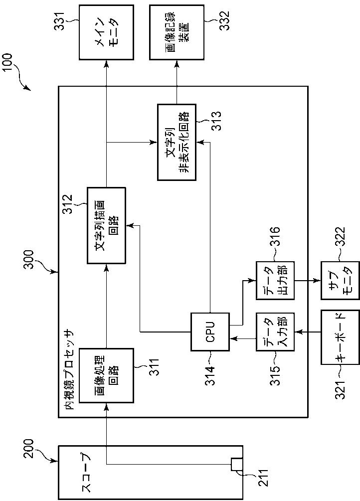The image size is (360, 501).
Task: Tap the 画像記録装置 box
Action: [177, 32]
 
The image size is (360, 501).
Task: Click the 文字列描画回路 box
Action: [106, 225]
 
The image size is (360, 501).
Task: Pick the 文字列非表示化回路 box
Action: [177, 142]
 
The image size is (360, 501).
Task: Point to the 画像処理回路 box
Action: [106, 375]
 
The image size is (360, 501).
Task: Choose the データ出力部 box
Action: [275, 281]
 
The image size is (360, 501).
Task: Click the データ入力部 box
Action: [275, 333]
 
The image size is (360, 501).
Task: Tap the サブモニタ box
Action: [340, 281]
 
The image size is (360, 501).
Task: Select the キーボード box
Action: [340, 337]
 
